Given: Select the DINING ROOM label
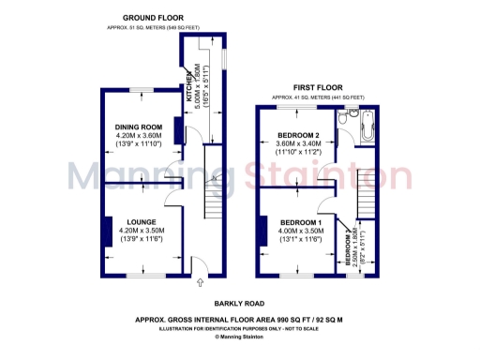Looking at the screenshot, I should pos(139,127).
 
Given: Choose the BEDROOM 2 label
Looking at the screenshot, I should pos(296,135).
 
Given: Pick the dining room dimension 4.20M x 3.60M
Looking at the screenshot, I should pos(139,135).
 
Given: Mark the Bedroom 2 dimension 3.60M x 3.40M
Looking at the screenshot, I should pos(296,143).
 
